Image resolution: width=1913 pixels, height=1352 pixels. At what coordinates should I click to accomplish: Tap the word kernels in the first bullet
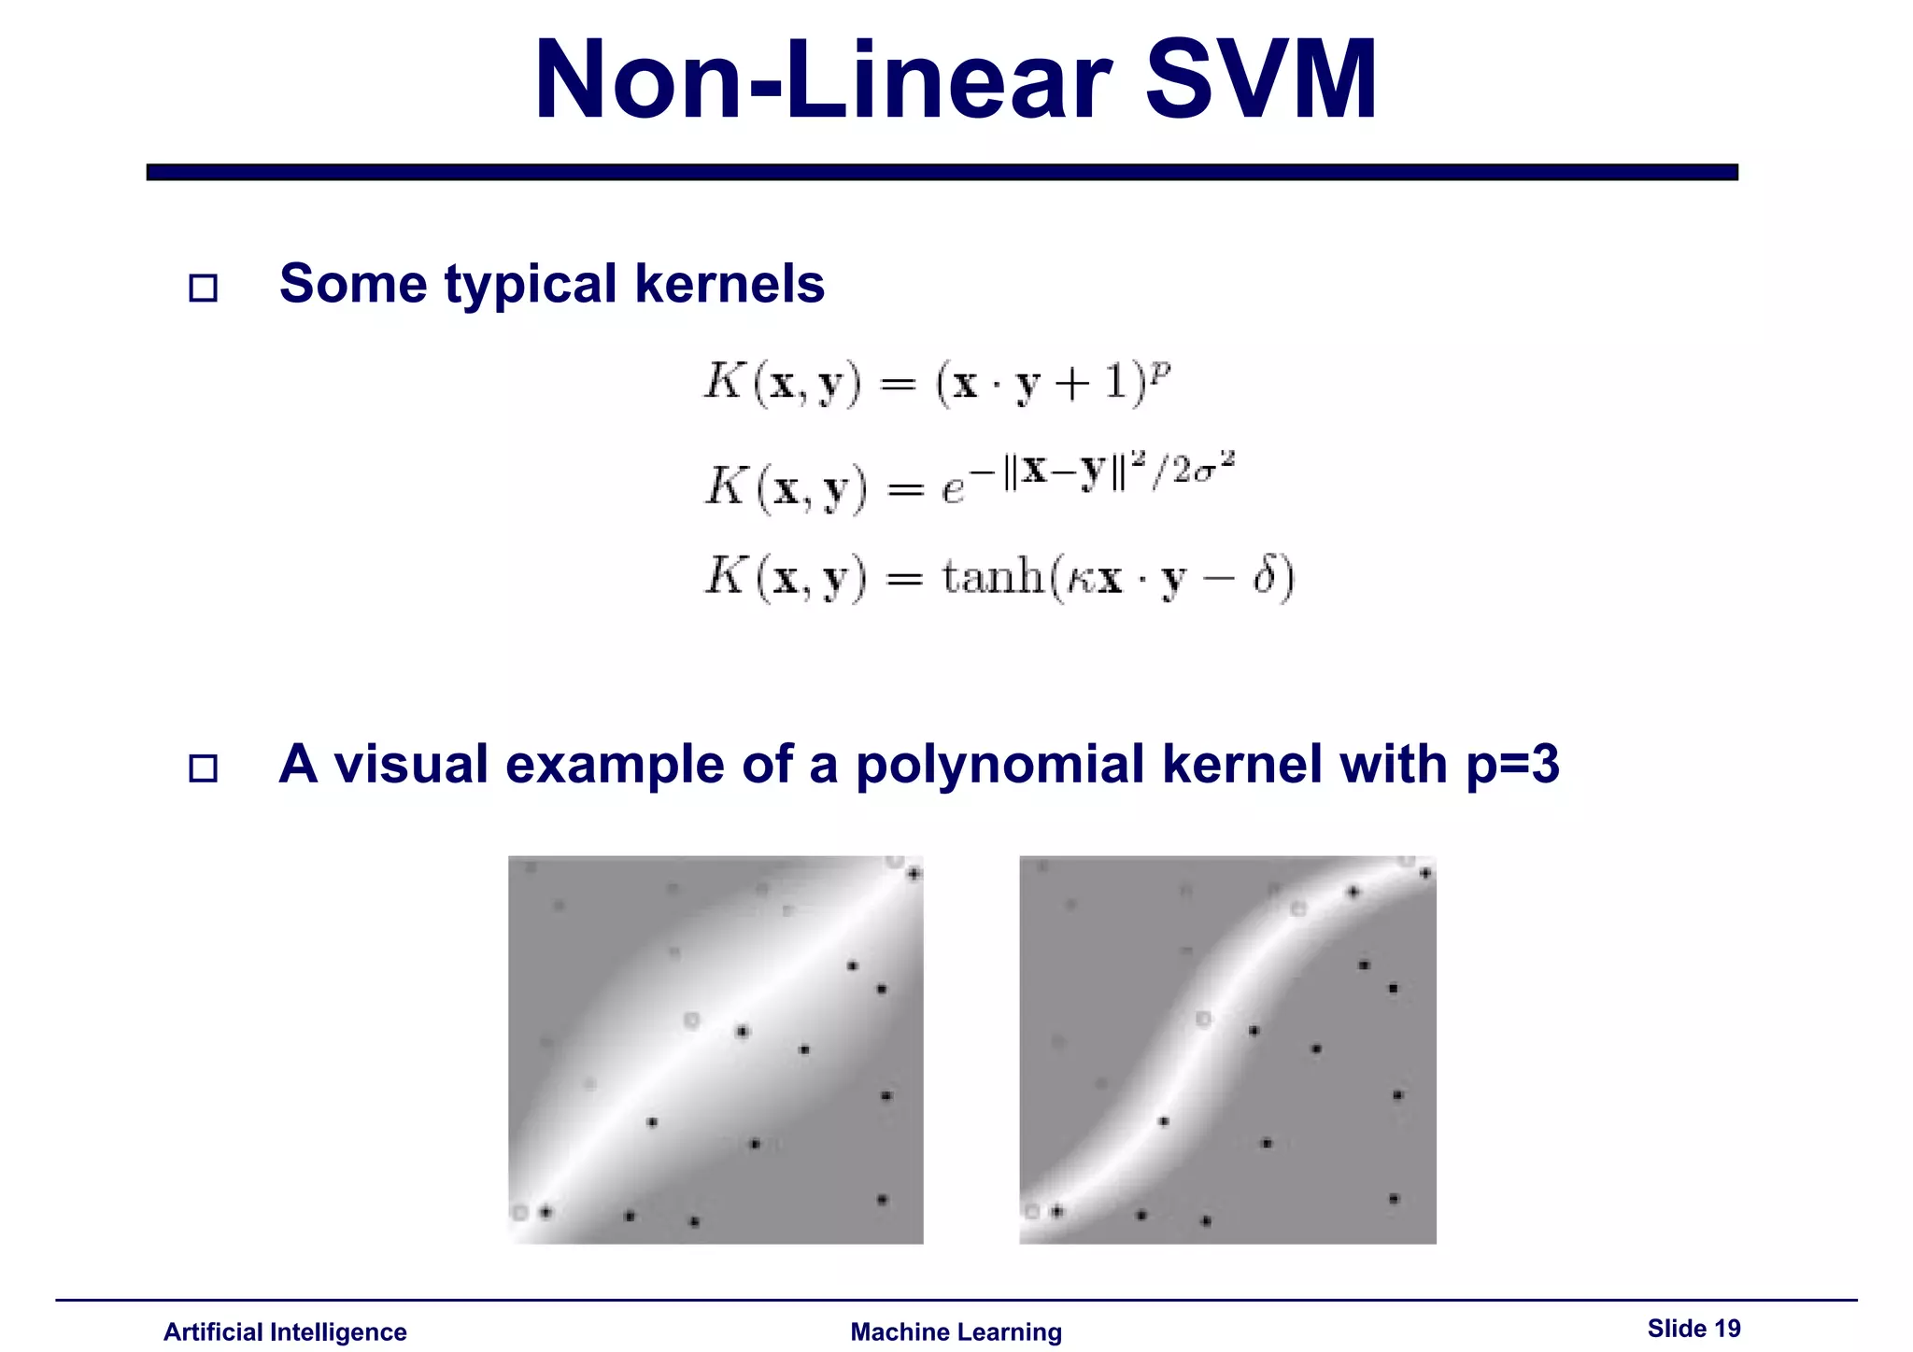[730, 284]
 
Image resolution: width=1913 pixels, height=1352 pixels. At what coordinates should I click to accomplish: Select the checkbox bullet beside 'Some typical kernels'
[203, 288]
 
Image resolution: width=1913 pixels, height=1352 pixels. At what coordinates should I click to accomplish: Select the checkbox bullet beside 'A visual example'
[203, 768]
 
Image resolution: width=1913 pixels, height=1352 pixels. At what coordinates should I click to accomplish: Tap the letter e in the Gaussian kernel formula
[952, 490]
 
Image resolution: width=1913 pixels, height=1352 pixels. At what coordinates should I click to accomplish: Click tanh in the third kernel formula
[992, 576]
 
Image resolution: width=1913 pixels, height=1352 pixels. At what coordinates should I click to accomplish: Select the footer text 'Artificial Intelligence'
[285, 1331]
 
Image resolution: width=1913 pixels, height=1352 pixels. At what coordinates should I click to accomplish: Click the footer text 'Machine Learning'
[956, 1331]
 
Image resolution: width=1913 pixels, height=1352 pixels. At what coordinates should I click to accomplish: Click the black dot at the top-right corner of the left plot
[914, 874]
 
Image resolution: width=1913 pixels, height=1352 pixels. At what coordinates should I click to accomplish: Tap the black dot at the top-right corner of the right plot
[1425, 874]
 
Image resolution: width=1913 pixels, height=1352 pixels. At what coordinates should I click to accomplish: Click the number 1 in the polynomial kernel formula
[1116, 383]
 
